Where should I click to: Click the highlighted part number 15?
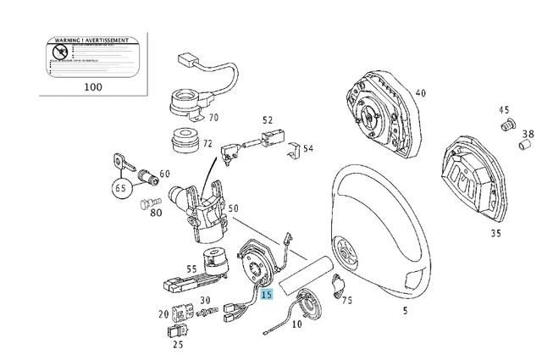pyautogui.click(x=267, y=295)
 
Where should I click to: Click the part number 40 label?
pyautogui.click(x=420, y=94)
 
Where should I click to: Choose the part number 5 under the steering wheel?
pyautogui.click(x=405, y=311)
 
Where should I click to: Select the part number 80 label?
pyautogui.click(x=157, y=213)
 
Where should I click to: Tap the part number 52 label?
pyautogui.click(x=268, y=121)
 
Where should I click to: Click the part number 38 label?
pyautogui.click(x=528, y=135)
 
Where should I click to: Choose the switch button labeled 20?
pyautogui.click(x=180, y=313)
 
